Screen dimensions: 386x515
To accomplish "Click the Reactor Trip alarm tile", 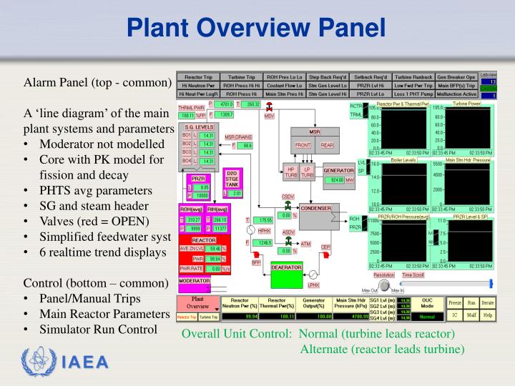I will pyautogui.click(x=197, y=76).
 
